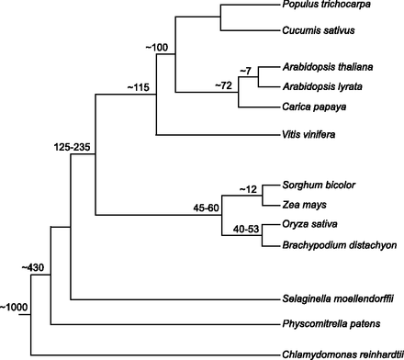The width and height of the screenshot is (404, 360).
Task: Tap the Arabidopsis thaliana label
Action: [320, 68]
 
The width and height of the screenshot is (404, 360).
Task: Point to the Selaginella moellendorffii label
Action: [334, 299]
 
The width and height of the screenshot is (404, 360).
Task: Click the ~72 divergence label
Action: [224, 86]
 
